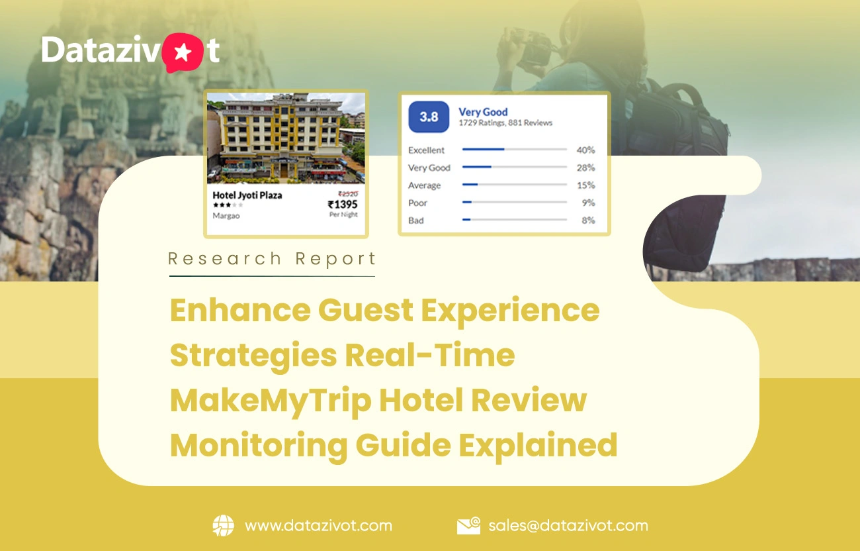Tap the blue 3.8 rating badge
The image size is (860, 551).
tap(429, 117)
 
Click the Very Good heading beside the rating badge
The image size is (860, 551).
tap(483, 112)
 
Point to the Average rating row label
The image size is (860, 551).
tap(424, 185)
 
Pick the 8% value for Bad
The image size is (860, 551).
tap(588, 221)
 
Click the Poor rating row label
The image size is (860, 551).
tap(417, 203)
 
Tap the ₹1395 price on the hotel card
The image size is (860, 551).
tap(342, 204)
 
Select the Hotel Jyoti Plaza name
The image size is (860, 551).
tap(247, 195)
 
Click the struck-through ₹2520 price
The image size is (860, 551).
tap(347, 193)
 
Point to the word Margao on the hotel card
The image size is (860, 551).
tap(226, 215)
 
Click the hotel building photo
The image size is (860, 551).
tap(286, 138)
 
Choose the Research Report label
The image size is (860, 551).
tap(272, 258)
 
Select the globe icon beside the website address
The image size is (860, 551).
tap(223, 526)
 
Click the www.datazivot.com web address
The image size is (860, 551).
tap(318, 526)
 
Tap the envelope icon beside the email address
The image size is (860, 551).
tap(468, 526)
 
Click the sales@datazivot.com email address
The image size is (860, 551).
tap(568, 526)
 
